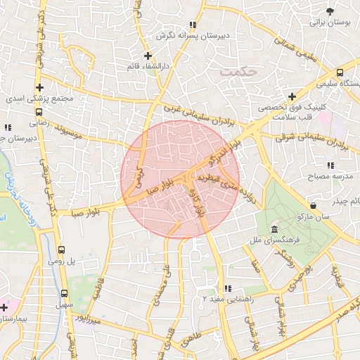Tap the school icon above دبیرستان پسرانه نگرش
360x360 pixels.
pos(193,25)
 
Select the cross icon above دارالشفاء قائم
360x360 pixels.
pos(148,56)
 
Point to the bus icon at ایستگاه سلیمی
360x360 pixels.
pos(340,73)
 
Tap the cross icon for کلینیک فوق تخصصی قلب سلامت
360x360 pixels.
pos(292,96)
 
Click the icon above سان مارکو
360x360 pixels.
pos(312,205)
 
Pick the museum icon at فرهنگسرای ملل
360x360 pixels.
pos(274,230)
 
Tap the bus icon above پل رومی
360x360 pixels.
pos(61,249)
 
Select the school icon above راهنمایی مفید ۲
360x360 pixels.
pos(227,288)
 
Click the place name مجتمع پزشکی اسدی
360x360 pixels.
pos(49,99)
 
